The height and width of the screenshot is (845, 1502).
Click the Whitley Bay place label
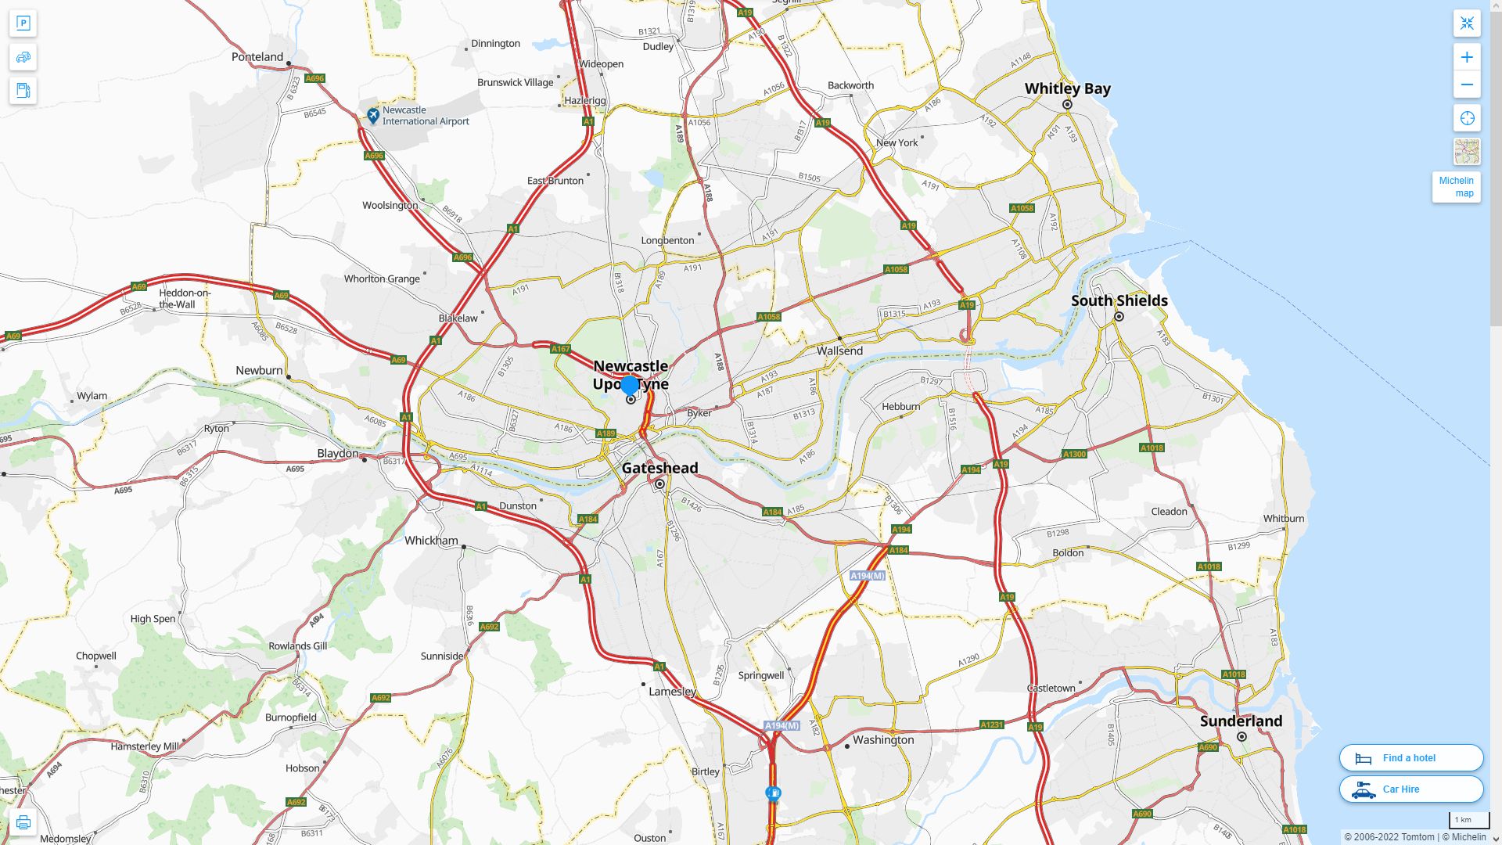click(x=1067, y=88)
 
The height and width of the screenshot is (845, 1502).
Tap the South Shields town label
click(x=1119, y=300)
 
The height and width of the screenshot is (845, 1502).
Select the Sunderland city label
click(x=1241, y=721)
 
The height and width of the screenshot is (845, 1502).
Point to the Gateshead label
click(x=659, y=468)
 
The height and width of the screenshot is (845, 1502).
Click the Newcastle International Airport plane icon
click(x=373, y=116)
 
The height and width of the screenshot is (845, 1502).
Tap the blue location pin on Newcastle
click(x=630, y=385)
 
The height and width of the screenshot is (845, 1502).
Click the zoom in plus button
click(x=1467, y=57)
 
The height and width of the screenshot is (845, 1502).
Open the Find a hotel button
click(x=1410, y=757)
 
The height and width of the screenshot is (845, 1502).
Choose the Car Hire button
click(x=1410, y=789)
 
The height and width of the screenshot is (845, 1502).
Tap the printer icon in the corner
click(x=23, y=822)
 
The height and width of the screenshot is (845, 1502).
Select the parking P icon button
click(x=23, y=23)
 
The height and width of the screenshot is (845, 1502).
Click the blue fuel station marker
click(x=773, y=794)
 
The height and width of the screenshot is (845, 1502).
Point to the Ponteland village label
click(x=257, y=56)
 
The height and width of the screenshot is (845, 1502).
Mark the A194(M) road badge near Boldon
click(x=867, y=576)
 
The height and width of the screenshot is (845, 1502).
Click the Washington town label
click(x=883, y=739)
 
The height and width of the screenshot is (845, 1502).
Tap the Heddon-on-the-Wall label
click(x=185, y=298)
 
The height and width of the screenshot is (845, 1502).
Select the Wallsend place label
click(x=839, y=351)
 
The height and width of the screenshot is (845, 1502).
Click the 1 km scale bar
click(x=1468, y=821)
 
